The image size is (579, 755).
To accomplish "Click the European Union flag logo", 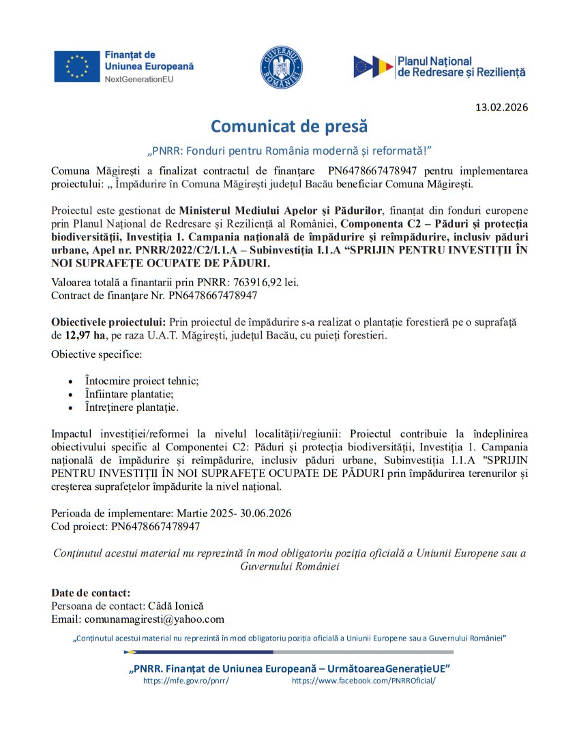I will (77, 67).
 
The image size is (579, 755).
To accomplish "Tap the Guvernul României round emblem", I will (282, 67).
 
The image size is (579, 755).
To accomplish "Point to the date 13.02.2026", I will (501, 108).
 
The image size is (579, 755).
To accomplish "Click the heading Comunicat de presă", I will (289, 126).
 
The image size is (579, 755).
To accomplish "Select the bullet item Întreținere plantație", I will (132, 407).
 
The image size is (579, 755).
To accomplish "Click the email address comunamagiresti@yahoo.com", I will (154, 619).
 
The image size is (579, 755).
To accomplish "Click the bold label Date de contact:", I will (91, 593).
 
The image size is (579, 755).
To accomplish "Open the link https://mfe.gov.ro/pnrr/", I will (185, 681).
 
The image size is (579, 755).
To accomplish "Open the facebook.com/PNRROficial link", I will (363, 681).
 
